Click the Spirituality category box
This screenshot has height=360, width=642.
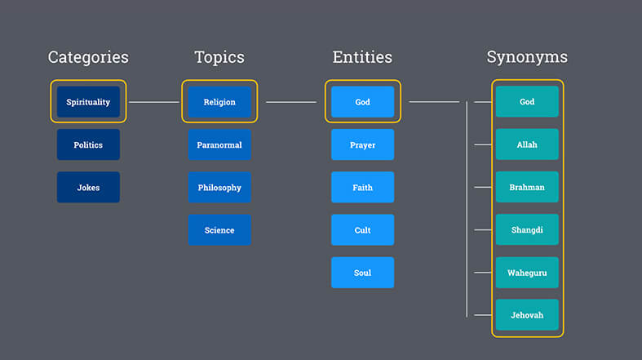88,102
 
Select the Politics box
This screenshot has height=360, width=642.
88,144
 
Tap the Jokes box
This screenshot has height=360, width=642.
88,187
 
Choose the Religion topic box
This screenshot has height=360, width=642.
219,102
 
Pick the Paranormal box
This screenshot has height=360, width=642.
219,144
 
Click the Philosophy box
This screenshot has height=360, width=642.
219,187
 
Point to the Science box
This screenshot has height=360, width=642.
219,229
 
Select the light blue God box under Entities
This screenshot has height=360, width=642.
363,102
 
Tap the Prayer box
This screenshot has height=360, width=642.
363,144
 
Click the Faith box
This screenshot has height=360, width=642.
363,187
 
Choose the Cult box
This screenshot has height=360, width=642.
363,229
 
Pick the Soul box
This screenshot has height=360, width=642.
363,273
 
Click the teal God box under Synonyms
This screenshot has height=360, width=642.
527,101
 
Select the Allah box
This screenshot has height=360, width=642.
527,144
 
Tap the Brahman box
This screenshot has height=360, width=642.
527,187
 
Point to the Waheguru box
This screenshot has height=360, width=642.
527,273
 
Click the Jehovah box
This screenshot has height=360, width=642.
527,315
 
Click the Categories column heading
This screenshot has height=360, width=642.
88,57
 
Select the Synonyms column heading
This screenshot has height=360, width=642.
527,57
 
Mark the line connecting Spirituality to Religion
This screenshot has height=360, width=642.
154,102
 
